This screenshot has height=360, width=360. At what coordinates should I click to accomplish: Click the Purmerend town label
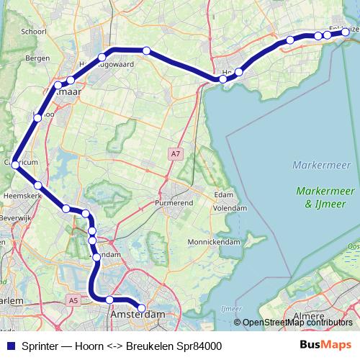(x=176, y=204)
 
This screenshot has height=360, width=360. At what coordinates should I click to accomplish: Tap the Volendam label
(x=230, y=208)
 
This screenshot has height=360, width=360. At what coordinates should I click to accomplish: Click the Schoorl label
(x=35, y=32)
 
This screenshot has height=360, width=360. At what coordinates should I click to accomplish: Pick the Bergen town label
(x=37, y=58)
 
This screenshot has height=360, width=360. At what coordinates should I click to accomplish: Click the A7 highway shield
(x=176, y=153)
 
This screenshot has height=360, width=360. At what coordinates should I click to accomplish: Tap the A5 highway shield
(x=74, y=300)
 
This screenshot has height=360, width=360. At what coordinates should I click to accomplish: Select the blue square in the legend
(x=10, y=346)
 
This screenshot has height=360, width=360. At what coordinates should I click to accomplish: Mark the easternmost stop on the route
(x=346, y=32)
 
